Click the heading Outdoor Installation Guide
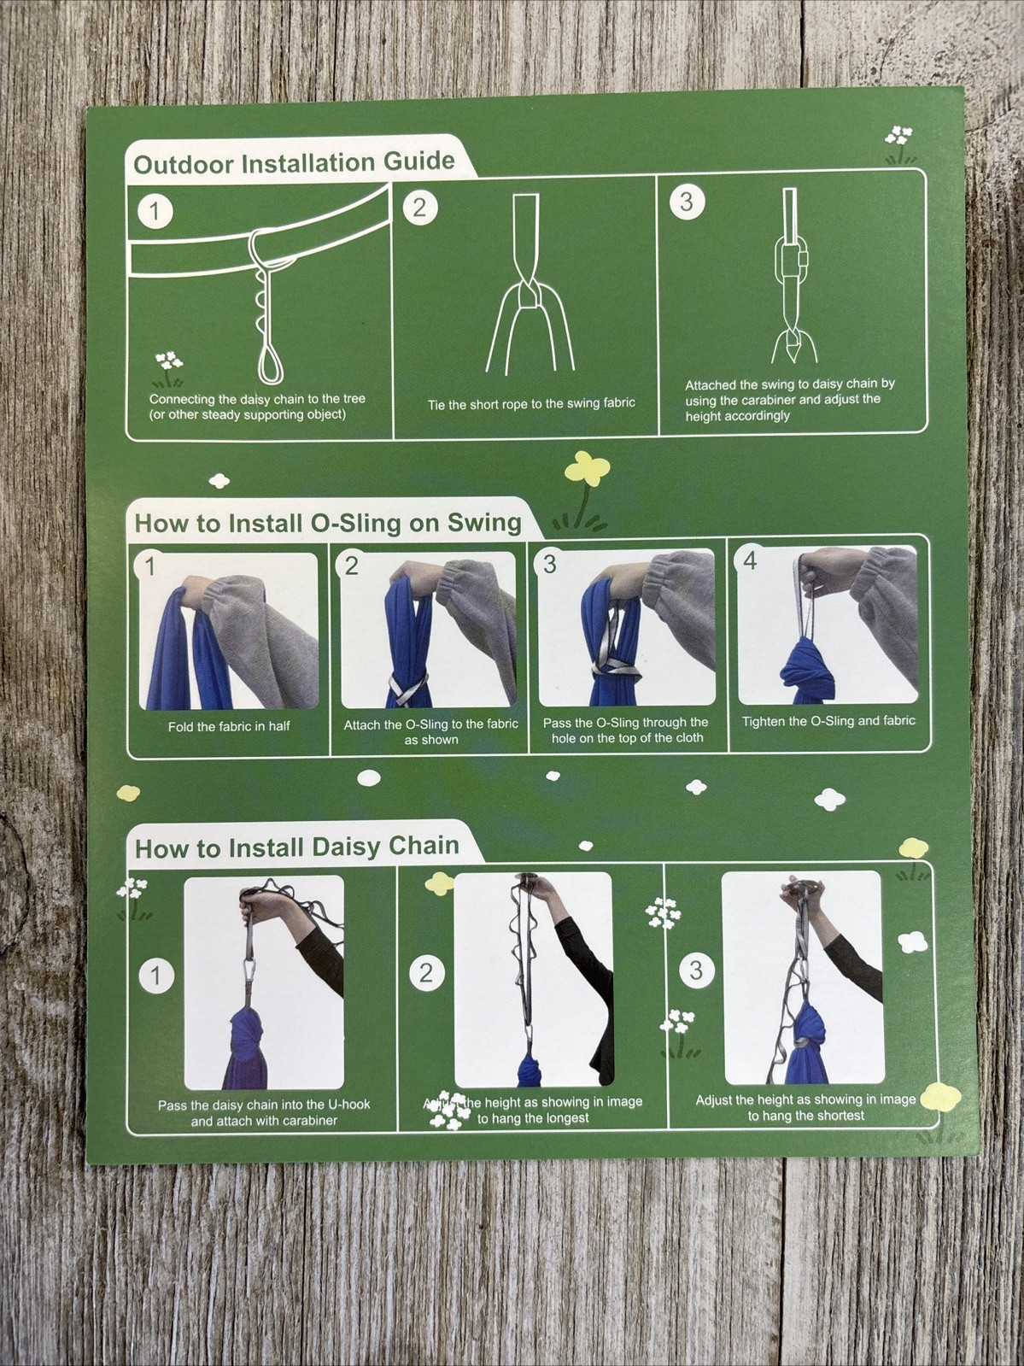(x=295, y=163)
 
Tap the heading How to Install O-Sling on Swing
(x=328, y=523)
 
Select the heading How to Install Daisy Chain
(x=297, y=847)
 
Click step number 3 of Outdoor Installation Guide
(x=686, y=202)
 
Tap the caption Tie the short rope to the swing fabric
(x=531, y=404)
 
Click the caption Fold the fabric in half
(x=229, y=726)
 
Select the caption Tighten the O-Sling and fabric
(x=828, y=721)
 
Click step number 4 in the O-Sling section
(x=750, y=560)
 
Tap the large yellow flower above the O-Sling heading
(x=585, y=469)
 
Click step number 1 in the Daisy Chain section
(x=155, y=975)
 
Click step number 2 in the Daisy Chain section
(x=426, y=973)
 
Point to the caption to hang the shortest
(x=805, y=1116)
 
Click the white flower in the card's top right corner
(x=899, y=137)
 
